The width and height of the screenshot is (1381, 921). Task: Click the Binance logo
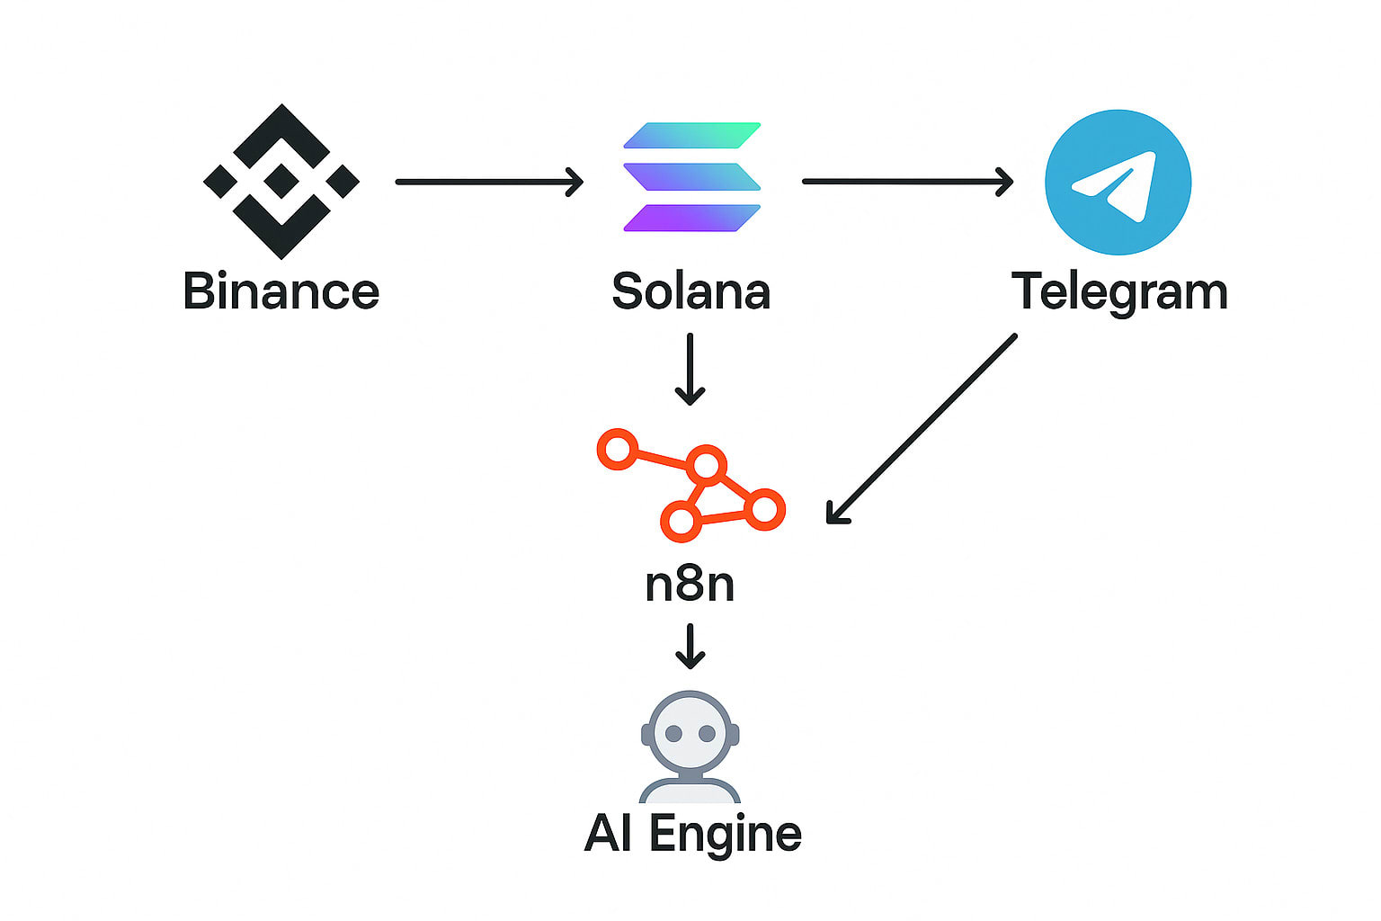tap(281, 181)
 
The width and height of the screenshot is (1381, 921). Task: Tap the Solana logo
tap(691, 177)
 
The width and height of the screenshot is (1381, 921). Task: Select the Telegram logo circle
tap(1118, 182)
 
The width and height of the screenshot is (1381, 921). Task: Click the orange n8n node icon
tap(691, 487)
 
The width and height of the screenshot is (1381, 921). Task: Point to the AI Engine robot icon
tap(690, 747)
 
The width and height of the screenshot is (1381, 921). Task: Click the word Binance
tap(281, 291)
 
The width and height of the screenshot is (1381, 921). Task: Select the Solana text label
tap(690, 291)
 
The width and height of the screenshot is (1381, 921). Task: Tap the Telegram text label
tap(1119, 292)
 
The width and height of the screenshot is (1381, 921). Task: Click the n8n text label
tap(690, 585)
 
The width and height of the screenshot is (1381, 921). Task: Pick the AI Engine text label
tap(692, 834)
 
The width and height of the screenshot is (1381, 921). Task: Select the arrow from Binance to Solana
tap(489, 182)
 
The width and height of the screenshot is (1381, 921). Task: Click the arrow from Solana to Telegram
tap(907, 182)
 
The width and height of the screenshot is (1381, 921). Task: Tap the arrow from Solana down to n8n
tap(690, 369)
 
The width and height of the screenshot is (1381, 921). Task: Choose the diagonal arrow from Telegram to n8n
tap(922, 428)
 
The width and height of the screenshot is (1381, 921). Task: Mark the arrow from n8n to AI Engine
tap(690, 646)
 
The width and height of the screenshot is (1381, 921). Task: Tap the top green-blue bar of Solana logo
tap(691, 135)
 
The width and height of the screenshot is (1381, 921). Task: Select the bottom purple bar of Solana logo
tap(691, 219)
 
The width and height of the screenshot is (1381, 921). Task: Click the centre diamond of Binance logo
tap(281, 181)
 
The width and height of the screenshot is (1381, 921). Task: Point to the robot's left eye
tap(673, 735)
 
